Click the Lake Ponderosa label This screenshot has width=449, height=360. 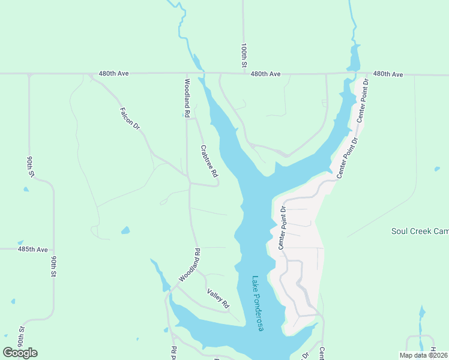(258, 304)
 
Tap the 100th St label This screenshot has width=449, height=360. (244, 55)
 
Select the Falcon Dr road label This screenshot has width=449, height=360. (130, 118)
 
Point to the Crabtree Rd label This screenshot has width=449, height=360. (208, 161)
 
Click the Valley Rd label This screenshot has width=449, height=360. (218, 299)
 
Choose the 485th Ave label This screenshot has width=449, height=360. (32, 249)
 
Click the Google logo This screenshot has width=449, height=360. (20, 353)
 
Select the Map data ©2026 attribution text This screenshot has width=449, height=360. (423, 355)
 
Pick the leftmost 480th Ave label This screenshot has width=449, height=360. (114, 74)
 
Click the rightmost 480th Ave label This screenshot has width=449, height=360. (388, 74)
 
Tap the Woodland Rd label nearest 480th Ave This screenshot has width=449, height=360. (187, 97)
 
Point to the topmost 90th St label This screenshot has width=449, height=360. (29, 166)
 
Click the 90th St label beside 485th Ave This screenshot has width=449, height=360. (53, 266)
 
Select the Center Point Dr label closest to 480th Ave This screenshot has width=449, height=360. (361, 101)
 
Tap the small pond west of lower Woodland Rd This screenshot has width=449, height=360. (125, 230)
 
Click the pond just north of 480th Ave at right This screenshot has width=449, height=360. (354, 58)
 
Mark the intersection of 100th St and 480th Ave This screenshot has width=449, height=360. (244, 74)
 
